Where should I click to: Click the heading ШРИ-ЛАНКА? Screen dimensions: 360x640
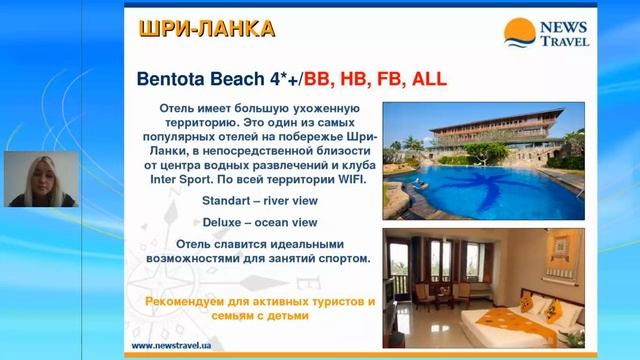(x=205, y=29)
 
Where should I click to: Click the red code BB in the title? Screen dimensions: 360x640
(x=317, y=78)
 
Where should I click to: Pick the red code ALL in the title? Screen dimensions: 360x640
(x=424, y=78)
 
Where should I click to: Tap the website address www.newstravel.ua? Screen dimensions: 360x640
(x=170, y=346)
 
